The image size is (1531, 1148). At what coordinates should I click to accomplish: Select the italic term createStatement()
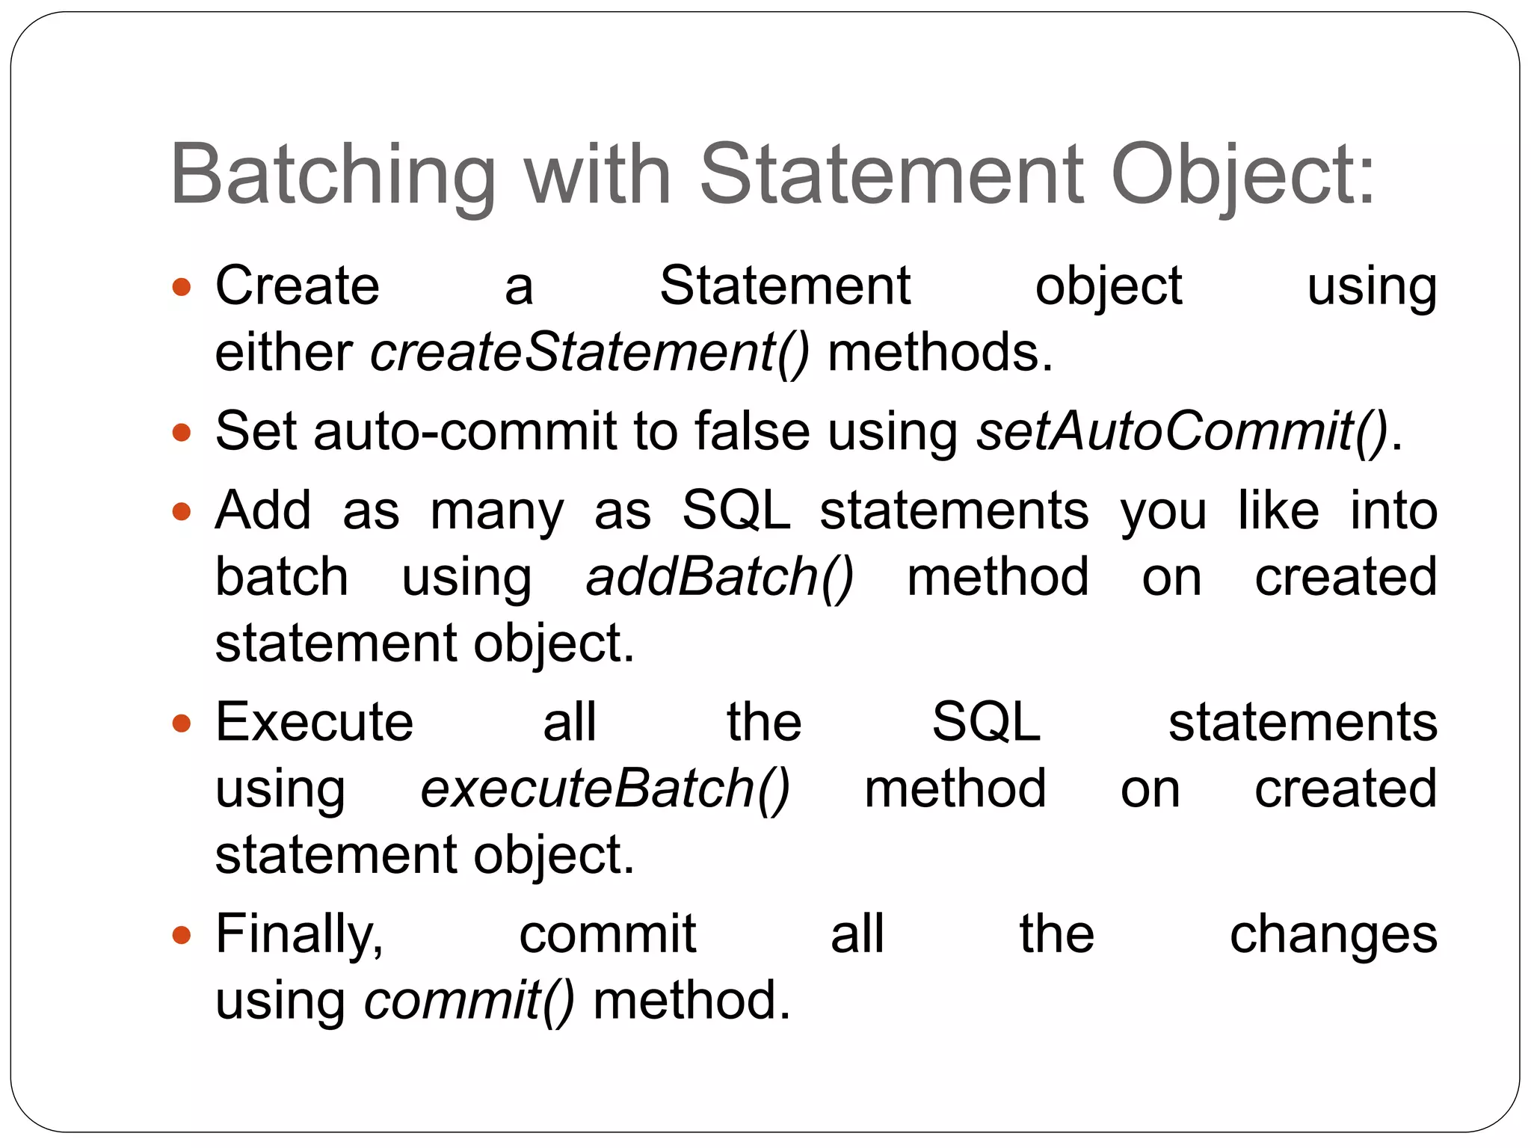(x=590, y=352)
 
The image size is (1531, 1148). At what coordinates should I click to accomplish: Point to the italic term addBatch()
(x=719, y=577)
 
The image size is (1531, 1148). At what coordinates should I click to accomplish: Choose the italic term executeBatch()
(x=605, y=789)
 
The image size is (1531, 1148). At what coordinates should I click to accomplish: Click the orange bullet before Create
(x=181, y=287)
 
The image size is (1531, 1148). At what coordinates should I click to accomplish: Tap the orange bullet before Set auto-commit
(x=181, y=433)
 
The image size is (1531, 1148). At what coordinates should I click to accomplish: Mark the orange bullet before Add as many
(x=181, y=512)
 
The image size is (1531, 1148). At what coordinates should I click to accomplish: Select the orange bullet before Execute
(x=181, y=723)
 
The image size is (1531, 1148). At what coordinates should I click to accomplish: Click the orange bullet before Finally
(x=181, y=935)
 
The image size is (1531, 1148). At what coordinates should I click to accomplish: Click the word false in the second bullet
(x=752, y=431)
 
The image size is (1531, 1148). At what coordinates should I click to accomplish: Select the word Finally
(x=299, y=934)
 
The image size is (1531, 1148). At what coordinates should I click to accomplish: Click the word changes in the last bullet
(x=1333, y=935)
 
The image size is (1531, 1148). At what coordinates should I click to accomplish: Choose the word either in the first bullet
(x=283, y=352)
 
